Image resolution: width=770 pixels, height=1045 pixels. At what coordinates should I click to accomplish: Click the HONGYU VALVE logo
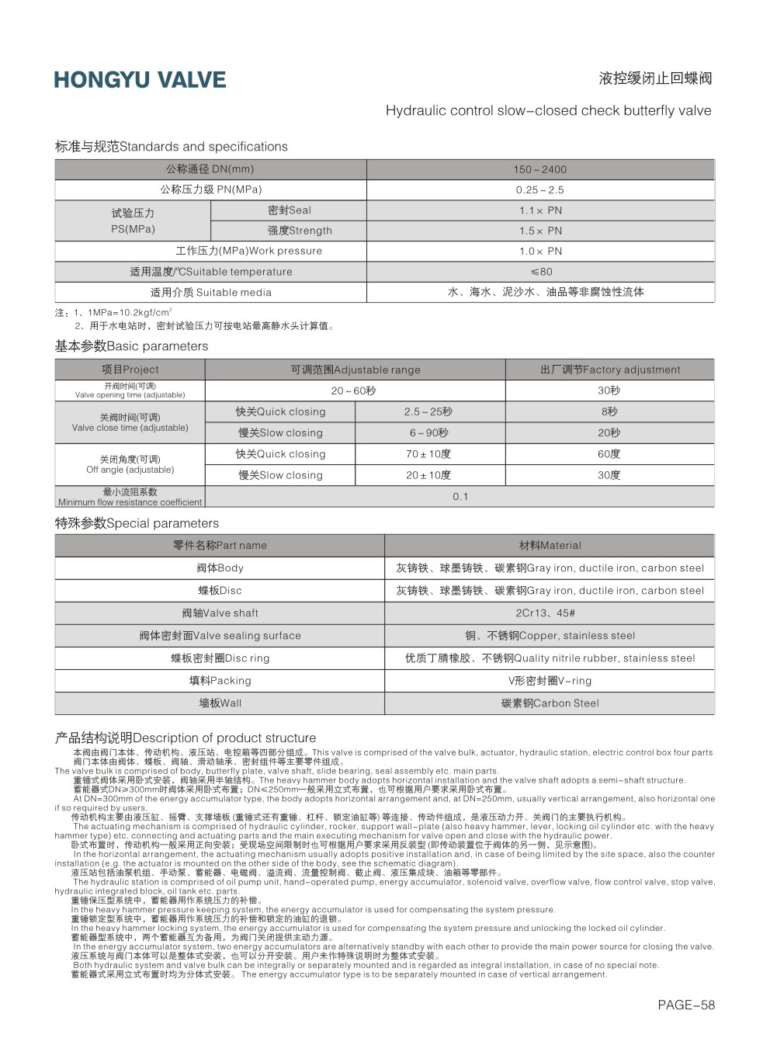[x=140, y=80]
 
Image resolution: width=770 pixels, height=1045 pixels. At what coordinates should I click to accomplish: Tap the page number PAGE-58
[x=685, y=1005]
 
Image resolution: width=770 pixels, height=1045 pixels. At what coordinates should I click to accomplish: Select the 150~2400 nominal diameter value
[x=539, y=169]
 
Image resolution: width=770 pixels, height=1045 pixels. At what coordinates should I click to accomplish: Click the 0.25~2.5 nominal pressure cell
[x=539, y=189]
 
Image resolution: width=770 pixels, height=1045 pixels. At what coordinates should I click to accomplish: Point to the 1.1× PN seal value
[x=540, y=210]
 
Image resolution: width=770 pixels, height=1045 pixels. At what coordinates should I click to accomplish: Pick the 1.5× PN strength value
[x=540, y=231]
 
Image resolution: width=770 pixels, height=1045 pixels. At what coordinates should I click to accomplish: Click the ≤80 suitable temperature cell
[x=541, y=272]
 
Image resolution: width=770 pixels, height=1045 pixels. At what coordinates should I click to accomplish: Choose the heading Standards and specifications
[x=171, y=147]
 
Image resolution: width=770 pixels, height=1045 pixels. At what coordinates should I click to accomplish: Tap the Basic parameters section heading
[x=131, y=346]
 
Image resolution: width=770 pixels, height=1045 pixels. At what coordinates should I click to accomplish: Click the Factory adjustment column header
[x=609, y=370]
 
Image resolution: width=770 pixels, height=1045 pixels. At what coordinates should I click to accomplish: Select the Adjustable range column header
[x=355, y=370]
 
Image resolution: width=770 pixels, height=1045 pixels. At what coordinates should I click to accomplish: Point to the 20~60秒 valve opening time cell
[x=353, y=391]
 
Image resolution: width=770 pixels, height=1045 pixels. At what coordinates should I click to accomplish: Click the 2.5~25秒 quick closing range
[x=428, y=411]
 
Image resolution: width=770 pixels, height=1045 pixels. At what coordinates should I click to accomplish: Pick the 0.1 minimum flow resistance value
[x=460, y=496]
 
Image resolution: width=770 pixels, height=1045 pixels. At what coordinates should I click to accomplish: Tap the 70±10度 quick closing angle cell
[x=428, y=454]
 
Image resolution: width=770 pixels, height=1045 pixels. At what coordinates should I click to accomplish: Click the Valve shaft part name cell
[x=220, y=613]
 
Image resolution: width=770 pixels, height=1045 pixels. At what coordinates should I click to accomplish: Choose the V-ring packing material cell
[x=550, y=681]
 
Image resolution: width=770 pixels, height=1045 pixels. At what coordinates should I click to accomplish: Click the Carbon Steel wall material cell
[x=550, y=703]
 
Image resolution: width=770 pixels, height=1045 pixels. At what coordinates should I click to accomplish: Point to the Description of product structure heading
[x=186, y=738]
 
